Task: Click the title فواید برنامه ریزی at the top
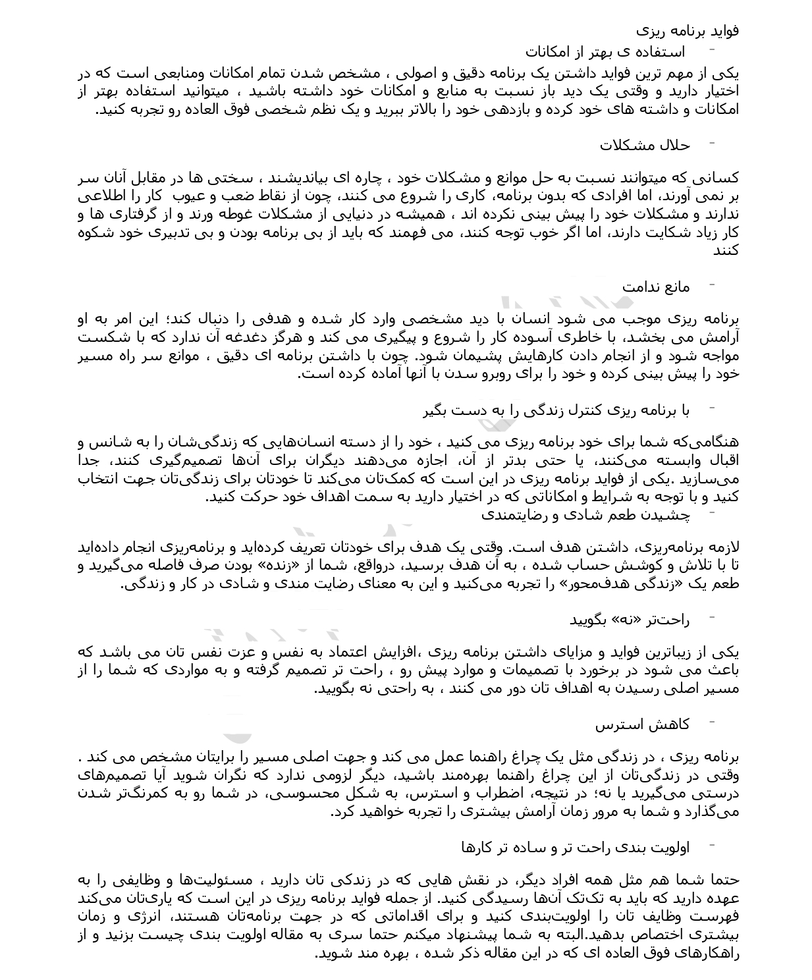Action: click(x=688, y=31)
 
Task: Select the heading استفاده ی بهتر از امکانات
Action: click(x=605, y=52)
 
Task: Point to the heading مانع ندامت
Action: click(x=656, y=287)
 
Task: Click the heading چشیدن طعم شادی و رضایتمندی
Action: click(x=585, y=515)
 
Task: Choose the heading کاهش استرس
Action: click(x=642, y=725)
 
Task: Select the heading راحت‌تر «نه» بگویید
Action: click(x=629, y=620)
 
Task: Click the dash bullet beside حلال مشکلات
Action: click(x=712, y=144)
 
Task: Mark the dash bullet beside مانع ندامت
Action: click(x=712, y=286)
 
